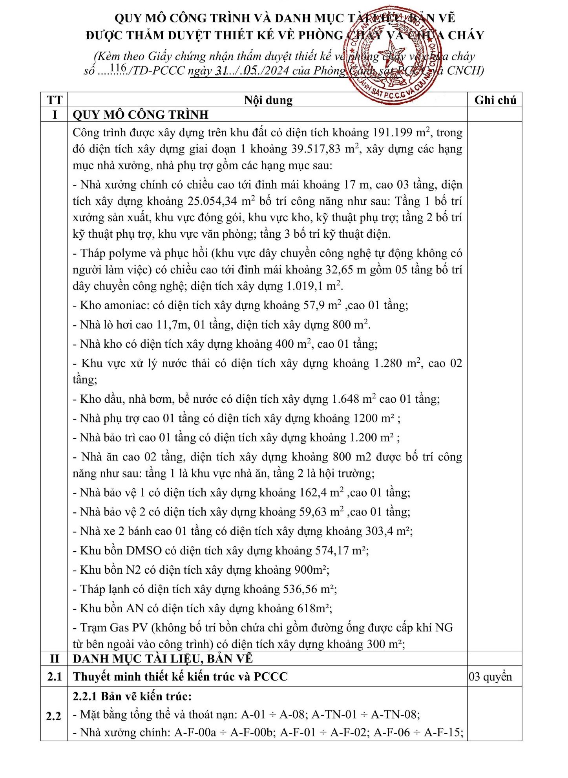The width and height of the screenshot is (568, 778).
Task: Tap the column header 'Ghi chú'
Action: click(495, 100)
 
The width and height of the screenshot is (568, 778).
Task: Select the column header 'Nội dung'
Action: click(268, 100)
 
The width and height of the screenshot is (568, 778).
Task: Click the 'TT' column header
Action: click(54, 100)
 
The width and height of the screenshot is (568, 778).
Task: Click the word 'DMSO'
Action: click(144, 550)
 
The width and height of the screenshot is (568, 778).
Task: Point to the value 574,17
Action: click(332, 550)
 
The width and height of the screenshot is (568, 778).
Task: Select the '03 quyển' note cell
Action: click(491, 677)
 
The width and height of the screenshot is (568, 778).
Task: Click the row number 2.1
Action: click(54, 677)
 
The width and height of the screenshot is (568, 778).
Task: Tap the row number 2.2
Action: click(54, 716)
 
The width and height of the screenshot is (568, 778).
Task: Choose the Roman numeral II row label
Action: click(54, 658)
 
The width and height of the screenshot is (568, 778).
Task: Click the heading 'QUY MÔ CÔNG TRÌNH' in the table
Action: click(141, 115)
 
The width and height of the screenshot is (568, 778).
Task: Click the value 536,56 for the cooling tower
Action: click(300, 589)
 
